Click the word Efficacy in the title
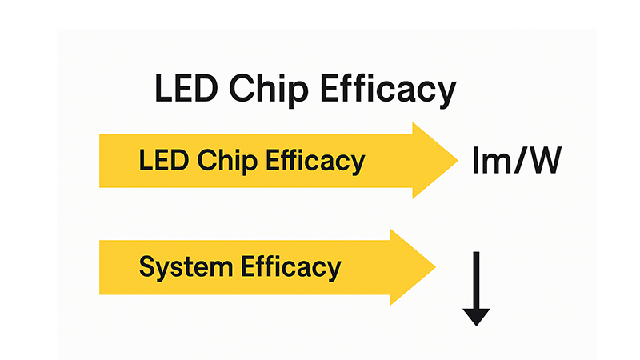388,89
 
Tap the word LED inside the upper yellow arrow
158,161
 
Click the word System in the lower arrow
184,266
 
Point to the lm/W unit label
516,160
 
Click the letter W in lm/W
545,160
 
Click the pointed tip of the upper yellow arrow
458,161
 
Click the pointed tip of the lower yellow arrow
434,266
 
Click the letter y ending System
161,269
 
